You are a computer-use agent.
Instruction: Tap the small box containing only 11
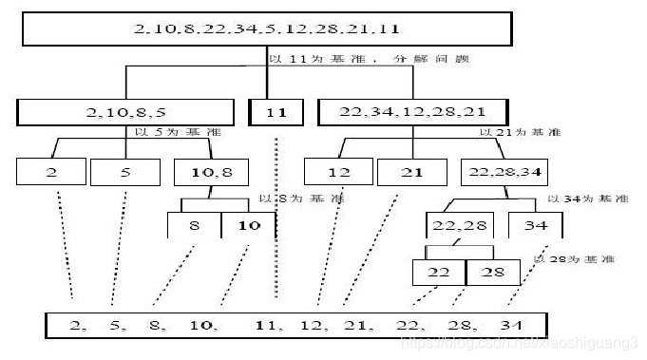click(276, 112)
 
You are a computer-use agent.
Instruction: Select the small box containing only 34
click(535, 225)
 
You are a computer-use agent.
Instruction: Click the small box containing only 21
click(411, 173)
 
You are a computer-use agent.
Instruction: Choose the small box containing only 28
click(493, 273)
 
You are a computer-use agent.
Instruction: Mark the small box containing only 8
click(194, 225)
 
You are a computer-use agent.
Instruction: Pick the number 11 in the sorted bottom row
click(269, 325)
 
